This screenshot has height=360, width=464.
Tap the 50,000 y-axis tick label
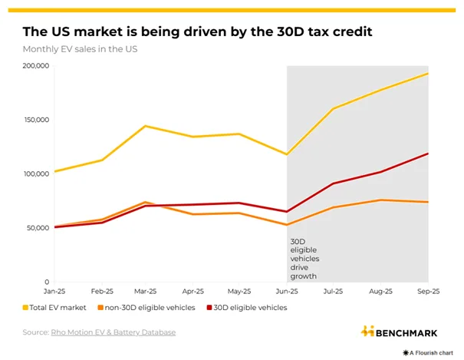tap(37, 228)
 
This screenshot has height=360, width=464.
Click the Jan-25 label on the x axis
tap(54, 292)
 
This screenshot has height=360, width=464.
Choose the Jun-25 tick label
tap(287, 292)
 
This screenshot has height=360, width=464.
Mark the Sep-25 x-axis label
tap(427, 292)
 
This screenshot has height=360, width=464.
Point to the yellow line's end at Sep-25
tap(428, 74)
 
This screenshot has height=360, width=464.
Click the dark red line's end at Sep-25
tap(428, 154)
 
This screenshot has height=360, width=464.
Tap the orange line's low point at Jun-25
tap(287, 225)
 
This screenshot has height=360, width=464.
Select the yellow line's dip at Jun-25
tap(287, 154)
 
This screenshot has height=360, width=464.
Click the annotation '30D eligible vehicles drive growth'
tap(304, 259)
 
